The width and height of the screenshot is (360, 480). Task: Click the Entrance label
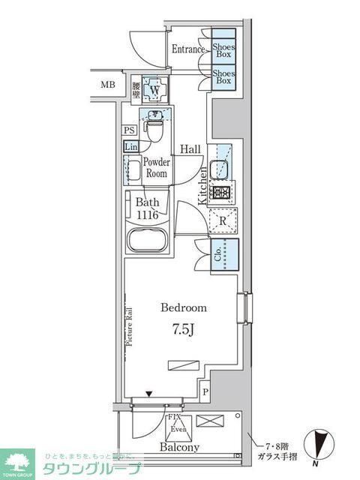[188, 49]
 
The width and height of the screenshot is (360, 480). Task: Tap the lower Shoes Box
[223, 79]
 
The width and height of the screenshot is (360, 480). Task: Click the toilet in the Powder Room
[154, 130]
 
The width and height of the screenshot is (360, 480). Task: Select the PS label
[129, 130]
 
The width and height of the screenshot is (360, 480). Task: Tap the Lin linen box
[130, 145]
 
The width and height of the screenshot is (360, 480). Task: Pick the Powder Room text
[156, 167]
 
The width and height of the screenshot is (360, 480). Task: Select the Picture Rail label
[130, 326]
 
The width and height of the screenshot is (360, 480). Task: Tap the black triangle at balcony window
[148, 394]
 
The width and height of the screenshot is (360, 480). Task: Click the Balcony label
[179, 448]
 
